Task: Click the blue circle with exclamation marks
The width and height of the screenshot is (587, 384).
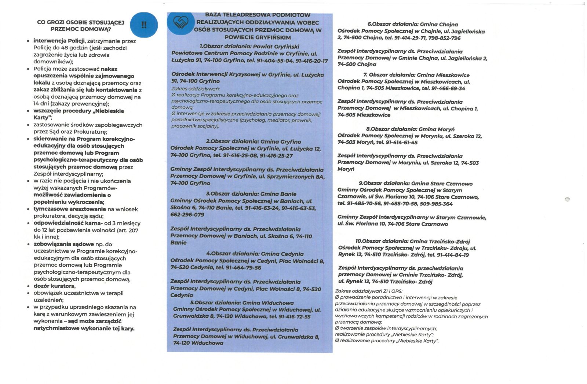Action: pyautogui.click(x=144, y=25)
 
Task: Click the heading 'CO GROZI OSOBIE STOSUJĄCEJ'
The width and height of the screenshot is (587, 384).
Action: pyautogui.click(x=81, y=22)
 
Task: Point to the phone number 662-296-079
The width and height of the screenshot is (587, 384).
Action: pyautogui.click(x=187, y=215)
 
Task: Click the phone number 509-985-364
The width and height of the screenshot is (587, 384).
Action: pyautogui.click(x=435, y=204)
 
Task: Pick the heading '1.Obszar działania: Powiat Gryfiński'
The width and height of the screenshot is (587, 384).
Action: pyautogui.click(x=249, y=47)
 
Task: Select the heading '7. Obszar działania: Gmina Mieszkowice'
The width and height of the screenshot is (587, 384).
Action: pyautogui.click(x=416, y=75)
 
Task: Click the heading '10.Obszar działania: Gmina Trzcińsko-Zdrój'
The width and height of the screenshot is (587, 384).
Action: pyautogui.click(x=412, y=241)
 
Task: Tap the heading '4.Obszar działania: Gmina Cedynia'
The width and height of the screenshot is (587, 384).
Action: pyautogui.click(x=255, y=254)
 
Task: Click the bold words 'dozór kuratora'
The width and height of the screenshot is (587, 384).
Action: pyautogui.click(x=54, y=286)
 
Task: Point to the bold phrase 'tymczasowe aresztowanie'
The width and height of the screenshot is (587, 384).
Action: pyautogui.click(x=70, y=209)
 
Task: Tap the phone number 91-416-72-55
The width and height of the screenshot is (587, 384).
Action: pyautogui.click(x=294, y=317)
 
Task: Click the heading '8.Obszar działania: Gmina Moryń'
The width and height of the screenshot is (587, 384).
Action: pyautogui.click(x=410, y=129)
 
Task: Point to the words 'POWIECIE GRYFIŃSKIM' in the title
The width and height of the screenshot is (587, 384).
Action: pyautogui.click(x=258, y=37)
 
